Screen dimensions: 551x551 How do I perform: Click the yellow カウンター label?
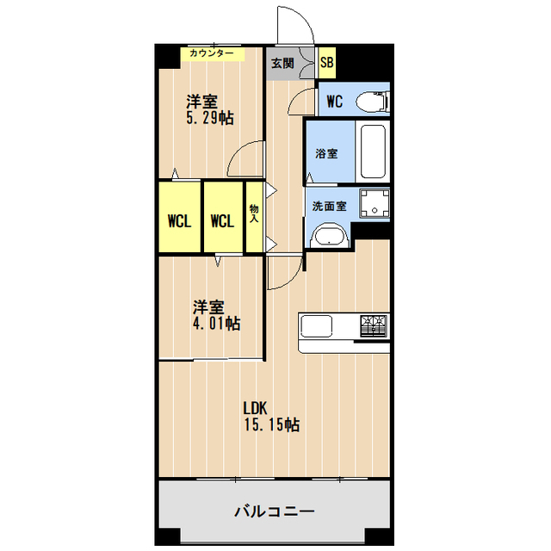pyautogui.click(x=212, y=53)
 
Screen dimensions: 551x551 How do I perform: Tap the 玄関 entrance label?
pyautogui.click(x=282, y=63)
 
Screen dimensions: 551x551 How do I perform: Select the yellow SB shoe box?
pyautogui.click(x=327, y=62)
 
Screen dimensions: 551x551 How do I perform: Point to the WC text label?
pyautogui.click(x=335, y=102)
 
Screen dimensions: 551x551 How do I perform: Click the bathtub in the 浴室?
pyautogui.click(x=373, y=152)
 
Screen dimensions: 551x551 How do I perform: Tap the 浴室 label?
pyautogui.click(x=326, y=153)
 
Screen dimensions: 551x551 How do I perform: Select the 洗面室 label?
pyautogui.click(x=329, y=207)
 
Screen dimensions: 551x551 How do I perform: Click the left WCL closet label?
pyautogui.click(x=179, y=220)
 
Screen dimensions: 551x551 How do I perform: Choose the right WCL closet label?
pyautogui.click(x=222, y=220)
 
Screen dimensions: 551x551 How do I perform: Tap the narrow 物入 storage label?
pyautogui.click(x=254, y=214)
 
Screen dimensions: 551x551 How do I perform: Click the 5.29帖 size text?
pyautogui.click(x=210, y=118)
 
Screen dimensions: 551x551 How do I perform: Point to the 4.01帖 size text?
pyautogui.click(x=215, y=324)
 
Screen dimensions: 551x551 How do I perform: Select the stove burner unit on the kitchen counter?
pyautogui.click(x=374, y=326)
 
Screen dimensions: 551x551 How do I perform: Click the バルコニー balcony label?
pyautogui.click(x=275, y=511)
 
